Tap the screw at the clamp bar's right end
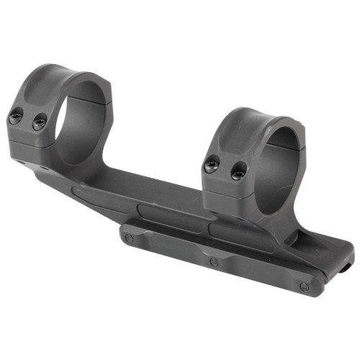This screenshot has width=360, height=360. (x=312, y=286)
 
